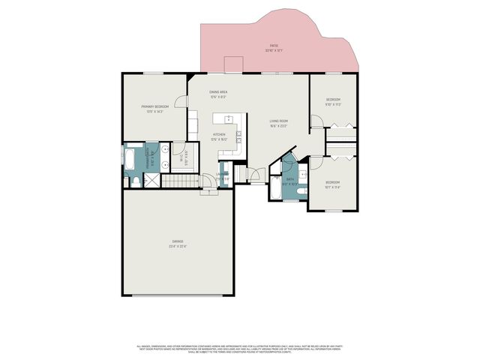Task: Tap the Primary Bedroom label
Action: (x=154, y=109)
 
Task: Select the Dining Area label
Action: (x=218, y=94)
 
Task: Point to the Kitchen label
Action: (x=219, y=137)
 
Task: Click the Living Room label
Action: (x=279, y=123)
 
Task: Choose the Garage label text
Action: (x=177, y=243)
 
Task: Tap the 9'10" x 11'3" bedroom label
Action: (x=333, y=102)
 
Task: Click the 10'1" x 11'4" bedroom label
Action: (x=332, y=184)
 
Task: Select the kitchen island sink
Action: (x=225, y=118)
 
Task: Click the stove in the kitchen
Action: (x=238, y=136)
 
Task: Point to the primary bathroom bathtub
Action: (x=128, y=159)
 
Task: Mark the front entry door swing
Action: (x=257, y=175)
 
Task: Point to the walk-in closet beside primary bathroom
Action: (x=184, y=159)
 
